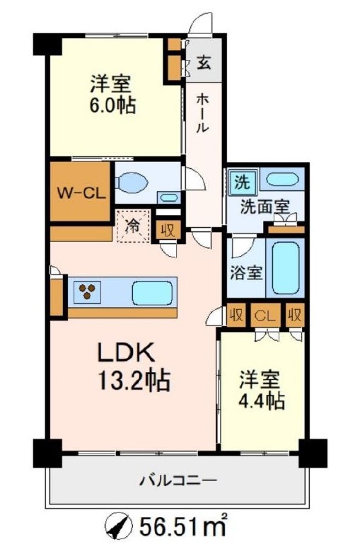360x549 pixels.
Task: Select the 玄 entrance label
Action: (x=204, y=64)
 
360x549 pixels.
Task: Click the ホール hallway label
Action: (x=202, y=113)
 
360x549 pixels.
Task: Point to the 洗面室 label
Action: (x=264, y=207)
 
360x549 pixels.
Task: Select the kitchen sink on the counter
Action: (x=149, y=291)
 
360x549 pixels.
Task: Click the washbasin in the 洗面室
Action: (x=281, y=180)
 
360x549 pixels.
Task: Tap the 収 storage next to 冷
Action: (x=167, y=230)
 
